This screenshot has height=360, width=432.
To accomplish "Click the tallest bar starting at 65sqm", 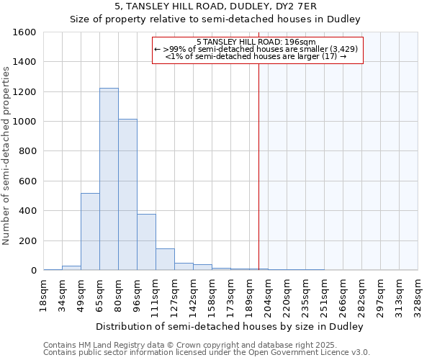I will coord(109,179).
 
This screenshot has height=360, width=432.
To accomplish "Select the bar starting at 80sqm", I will coord(127,194).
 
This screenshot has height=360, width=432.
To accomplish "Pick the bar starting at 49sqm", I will coord(90,232).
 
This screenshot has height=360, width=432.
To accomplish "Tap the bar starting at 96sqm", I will coord(146,242).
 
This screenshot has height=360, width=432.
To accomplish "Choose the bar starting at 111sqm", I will coord(165,259).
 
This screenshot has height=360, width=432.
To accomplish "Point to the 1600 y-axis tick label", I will coord(24,32).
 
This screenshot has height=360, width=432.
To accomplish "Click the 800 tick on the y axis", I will coord(27,151).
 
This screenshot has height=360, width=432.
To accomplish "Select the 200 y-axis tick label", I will coord(27,240).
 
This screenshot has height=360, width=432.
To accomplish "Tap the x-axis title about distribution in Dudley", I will coord(230,326).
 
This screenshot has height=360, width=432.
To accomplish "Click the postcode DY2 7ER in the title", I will coord(269,6).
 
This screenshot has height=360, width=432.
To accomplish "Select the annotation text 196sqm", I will coord(301,42).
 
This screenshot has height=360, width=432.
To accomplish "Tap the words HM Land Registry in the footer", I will coord(104,346).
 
